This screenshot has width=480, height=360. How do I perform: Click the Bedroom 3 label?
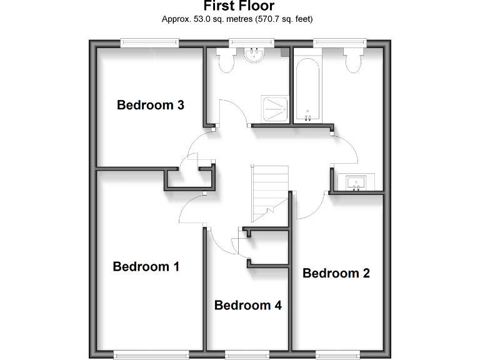150,105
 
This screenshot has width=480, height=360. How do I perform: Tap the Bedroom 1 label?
146,267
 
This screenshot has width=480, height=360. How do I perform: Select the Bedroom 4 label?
247,306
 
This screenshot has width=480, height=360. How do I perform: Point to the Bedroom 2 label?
336,273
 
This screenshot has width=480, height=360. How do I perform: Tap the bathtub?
307,89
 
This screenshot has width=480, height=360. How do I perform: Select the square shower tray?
273,110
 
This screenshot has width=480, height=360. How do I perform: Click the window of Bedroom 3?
150,42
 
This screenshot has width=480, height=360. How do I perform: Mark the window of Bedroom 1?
150,354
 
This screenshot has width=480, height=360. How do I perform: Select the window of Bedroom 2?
337,354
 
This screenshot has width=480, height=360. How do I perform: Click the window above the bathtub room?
339,42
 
